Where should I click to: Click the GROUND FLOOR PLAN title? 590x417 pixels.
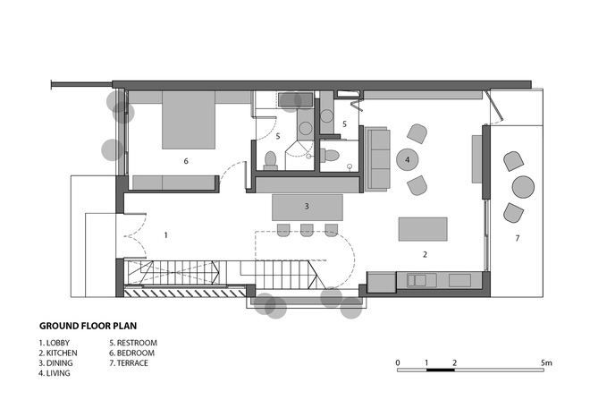click(x=88, y=326)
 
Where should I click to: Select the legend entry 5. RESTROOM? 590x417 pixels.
click(x=133, y=343)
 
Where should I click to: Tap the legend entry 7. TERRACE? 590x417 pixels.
click(x=129, y=363)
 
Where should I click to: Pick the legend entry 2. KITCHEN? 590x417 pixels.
click(x=58, y=353)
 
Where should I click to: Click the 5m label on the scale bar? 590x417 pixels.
click(x=547, y=363)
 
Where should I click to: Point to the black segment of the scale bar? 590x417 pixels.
click(x=441, y=370)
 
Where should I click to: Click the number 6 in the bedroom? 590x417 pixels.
click(x=186, y=161)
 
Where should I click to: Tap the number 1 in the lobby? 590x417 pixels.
click(x=166, y=235)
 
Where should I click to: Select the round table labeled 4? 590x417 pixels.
click(x=407, y=159)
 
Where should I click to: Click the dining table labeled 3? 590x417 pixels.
click(x=307, y=208)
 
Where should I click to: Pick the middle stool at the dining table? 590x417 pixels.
click(x=307, y=230)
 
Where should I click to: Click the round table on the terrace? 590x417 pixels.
click(x=523, y=187)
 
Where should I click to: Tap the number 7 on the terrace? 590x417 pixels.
click(x=518, y=238)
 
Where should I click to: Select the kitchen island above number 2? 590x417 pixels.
click(x=423, y=229)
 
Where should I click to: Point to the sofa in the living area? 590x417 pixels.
click(x=377, y=159)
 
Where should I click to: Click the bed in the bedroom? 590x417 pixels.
click(x=189, y=120)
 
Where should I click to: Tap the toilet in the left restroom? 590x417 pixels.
click(x=271, y=160)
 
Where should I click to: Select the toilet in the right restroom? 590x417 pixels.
click(x=330, y=155)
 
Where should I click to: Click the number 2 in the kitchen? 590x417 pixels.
click(x=425, y=255)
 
